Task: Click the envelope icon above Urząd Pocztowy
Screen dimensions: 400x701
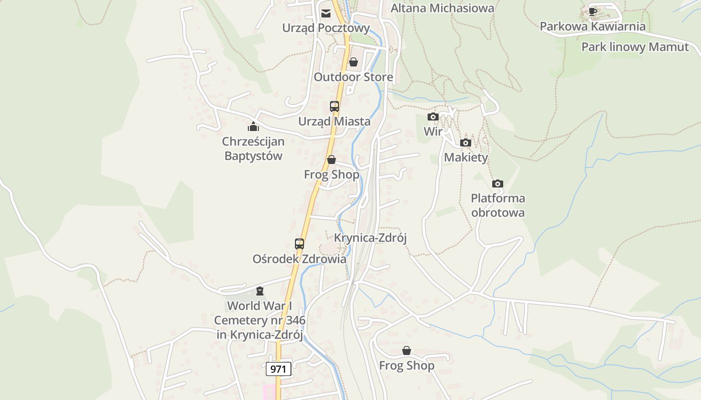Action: point(326,13)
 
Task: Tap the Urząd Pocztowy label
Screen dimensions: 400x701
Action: point(326,28)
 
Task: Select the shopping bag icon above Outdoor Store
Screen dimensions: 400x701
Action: point(354,62)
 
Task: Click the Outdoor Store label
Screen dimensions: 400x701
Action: point(354,77)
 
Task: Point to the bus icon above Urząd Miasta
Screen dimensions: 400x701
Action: point(334,106)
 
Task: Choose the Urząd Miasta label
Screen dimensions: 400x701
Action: point(334,121)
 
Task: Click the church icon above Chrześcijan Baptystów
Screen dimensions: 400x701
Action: point(253,126)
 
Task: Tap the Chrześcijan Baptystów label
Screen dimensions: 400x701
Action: point(253,148)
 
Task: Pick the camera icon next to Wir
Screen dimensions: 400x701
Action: point(433,117)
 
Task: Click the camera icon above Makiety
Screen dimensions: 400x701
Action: point(466,143)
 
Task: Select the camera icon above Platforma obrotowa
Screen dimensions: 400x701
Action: point(498,184)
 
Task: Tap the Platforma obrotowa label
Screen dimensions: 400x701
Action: point(498,205)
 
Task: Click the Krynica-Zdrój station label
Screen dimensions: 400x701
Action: point(371,238)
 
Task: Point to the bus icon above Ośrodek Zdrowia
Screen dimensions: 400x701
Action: point(299,244)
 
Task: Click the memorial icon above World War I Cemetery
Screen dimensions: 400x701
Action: point(259,291)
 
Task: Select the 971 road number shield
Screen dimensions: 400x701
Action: point(278,369)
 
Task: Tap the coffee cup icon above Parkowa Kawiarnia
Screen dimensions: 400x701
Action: point(593,11)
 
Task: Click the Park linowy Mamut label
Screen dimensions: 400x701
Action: point(635,47)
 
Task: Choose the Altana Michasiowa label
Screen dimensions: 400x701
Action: point(442,8)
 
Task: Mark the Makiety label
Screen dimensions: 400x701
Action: point(466,157)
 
